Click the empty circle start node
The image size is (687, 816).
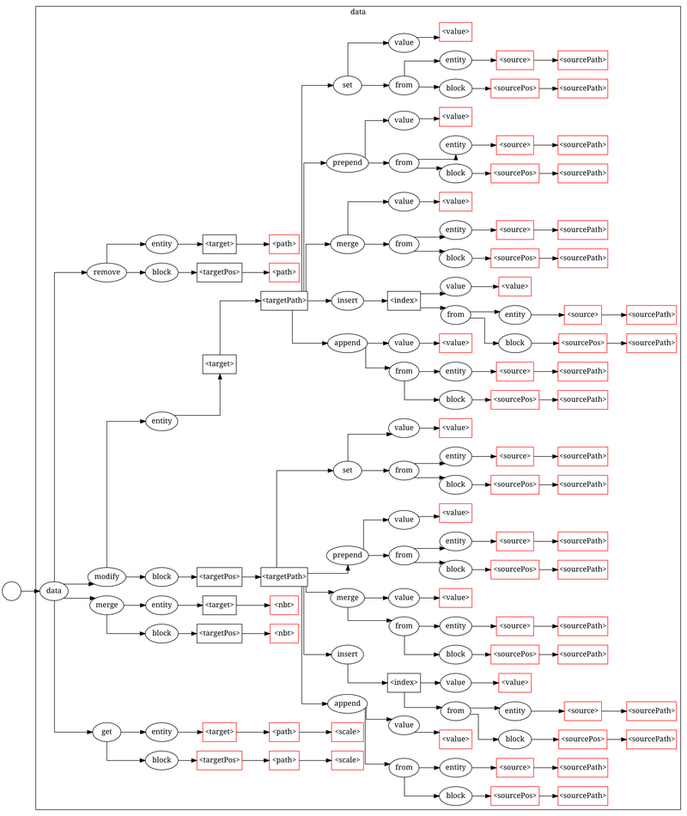[x=11, y=591]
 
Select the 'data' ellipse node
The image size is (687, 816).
[x=53, y=591]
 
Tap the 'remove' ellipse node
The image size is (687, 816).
[x=106, y=272]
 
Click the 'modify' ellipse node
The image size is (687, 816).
[x=106, y=575]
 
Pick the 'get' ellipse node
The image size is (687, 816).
[x=106, y=732]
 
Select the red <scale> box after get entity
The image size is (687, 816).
[x=347, y=732]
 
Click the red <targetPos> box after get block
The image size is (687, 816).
[x=219, y=760]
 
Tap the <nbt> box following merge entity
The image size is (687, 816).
[x=284, y=605]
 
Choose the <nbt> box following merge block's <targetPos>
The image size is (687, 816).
[x=284, y=633]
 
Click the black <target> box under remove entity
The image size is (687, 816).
[x=219, y=244]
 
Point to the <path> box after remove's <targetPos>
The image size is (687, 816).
[x=284, y=272]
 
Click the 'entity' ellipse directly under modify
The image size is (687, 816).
[x=161, y=421]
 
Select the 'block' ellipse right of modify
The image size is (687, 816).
[x=161, y=575]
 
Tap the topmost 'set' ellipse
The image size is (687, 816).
[x=346, y=86]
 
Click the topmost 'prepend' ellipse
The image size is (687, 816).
[x=348, y=162]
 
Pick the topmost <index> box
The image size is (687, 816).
[x=404, y=301]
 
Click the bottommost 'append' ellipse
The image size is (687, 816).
[x=347, y=703]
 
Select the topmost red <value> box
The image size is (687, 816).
[x=455, y=32]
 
